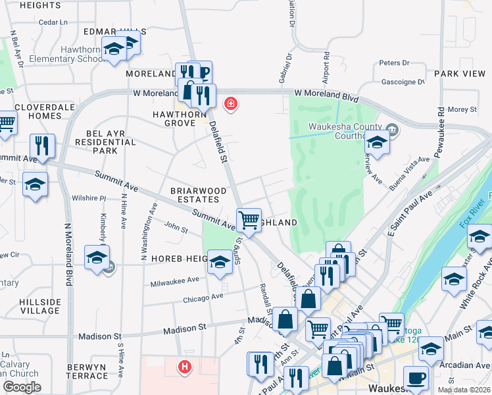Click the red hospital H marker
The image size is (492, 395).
click(185, 367)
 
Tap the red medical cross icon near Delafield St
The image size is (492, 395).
click(230, 103)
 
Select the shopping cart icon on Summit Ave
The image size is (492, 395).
click(249, 220)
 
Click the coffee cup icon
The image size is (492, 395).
click(416, 379)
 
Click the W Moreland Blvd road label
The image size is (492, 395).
click(326, 95)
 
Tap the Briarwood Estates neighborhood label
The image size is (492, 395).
click(194, 195)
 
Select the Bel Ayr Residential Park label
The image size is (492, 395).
click(105, 142)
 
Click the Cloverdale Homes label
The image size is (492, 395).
click(37, 111)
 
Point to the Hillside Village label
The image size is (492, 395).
click(40, 306)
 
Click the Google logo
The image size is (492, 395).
click(22, 387)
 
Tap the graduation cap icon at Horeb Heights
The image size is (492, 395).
click(220, 262)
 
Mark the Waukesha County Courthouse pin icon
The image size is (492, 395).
click(393, 130)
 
